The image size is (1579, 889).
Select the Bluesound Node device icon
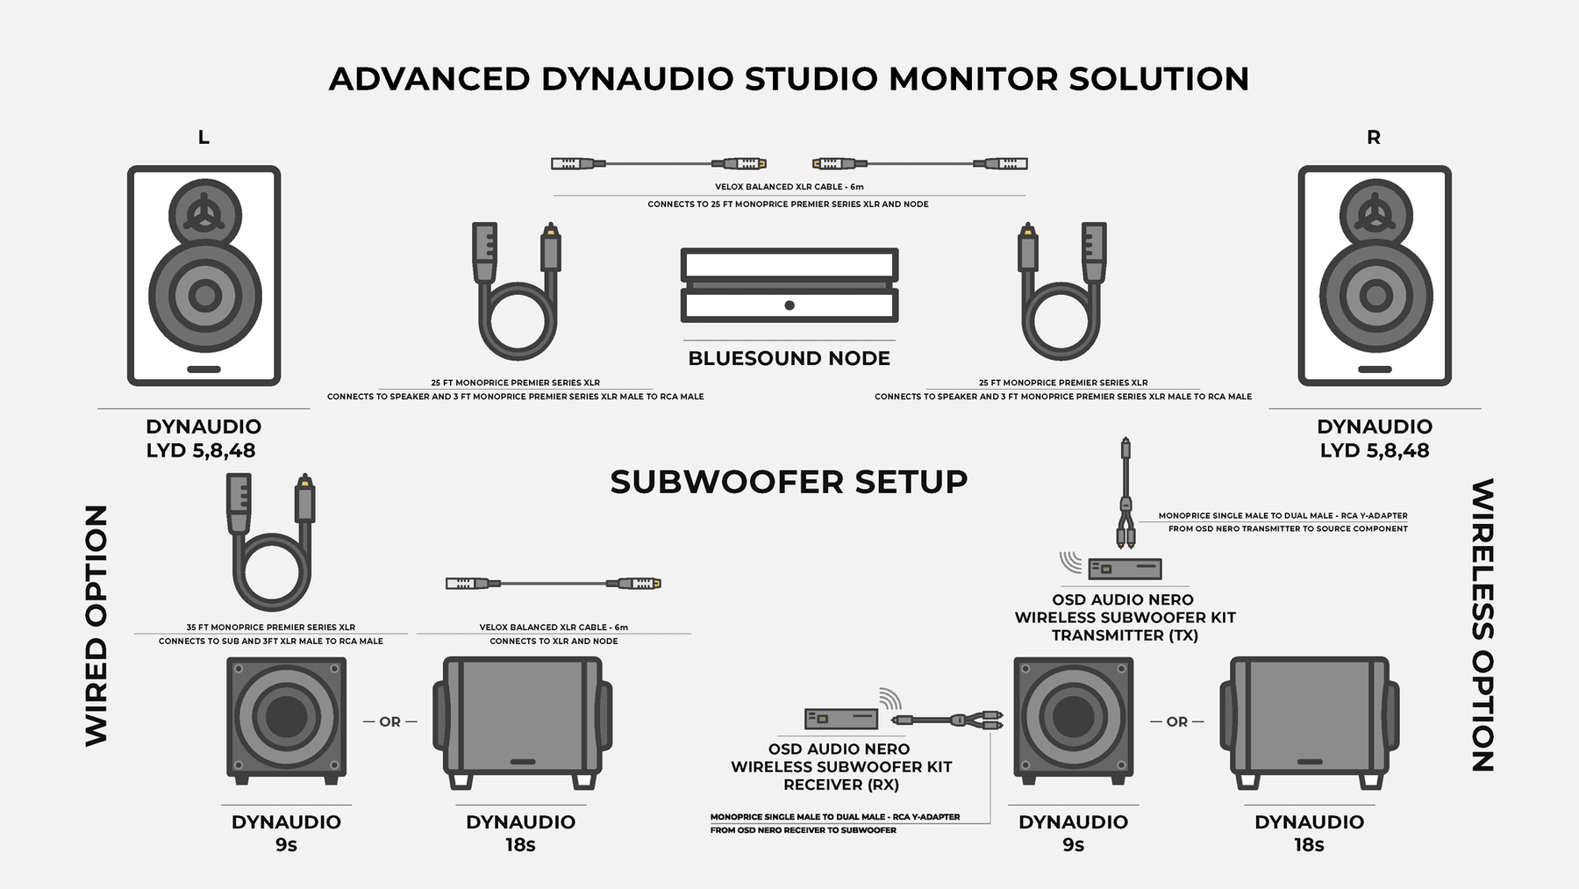point(789,285)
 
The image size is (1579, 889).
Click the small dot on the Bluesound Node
point(789,305)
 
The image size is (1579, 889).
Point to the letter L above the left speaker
point(204,137)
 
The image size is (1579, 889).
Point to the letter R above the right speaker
point(1374,138)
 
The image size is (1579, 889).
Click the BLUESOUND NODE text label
point(789,358)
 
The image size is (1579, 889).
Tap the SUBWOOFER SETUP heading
point(789,482)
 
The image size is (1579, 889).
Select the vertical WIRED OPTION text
point(96,625)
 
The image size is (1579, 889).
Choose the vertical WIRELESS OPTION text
point(1483,625)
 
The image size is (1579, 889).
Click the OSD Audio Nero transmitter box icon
point(1125,569)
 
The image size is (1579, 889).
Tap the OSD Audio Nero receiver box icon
point(841,719)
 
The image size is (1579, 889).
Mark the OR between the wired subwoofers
point(389,721)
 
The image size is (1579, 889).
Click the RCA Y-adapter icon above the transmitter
point(1125,496)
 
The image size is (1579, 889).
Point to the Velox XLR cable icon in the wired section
point(553,583)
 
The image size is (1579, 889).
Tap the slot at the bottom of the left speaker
point(204,369)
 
